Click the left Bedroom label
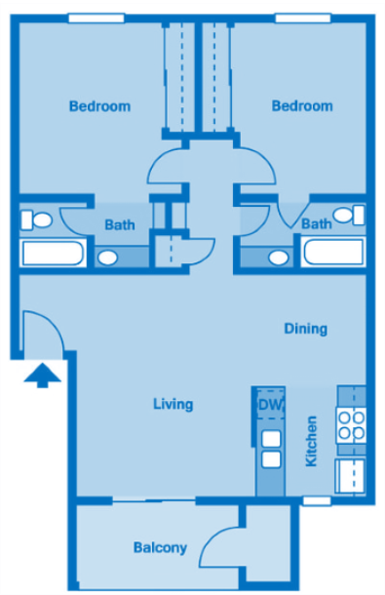click(x=99, y=106)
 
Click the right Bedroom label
click(x=302, y=106)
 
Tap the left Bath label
click(x=120, y=224)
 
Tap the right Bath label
click(x=316, y=224)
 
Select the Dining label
click(x=305, y=329)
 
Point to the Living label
click(x=173, y=404)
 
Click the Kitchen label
click(x=312, y=441)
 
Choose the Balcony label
click(x=160, y=547)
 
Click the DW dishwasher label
click(x=268, y=405)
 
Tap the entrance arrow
click(x=42, y=375)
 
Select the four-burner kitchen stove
click(x=351, y=424)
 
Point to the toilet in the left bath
click(x=38, y=218)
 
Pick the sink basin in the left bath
click(x=108, y=258)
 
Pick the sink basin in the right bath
click(x=279, y=258)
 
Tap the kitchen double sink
click(x=270, y=449)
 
